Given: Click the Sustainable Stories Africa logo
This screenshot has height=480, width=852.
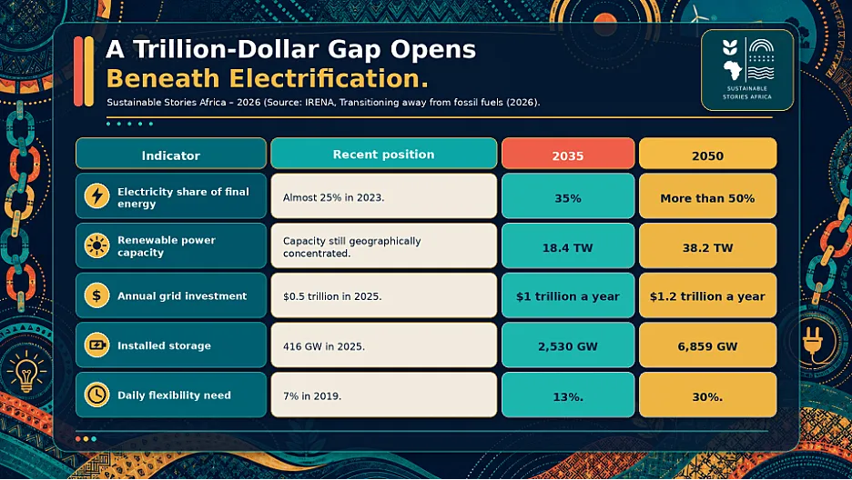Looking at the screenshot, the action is tap(747, 70).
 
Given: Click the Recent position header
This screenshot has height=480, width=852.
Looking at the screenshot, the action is tap(383, 154).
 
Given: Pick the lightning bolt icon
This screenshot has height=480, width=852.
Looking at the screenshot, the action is tap(96, 195).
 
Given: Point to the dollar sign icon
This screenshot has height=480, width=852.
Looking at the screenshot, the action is tap(96, 295).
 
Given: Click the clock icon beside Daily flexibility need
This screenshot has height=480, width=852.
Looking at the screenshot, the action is tap(96, 395).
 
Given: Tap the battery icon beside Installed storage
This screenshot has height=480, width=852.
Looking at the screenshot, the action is tap(96, 345).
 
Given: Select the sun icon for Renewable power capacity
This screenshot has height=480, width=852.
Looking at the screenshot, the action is tap(96, 245).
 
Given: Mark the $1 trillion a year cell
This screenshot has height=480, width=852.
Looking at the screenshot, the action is tap(568, 295).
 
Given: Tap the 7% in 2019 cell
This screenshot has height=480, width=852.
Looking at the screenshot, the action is tap(383, 395).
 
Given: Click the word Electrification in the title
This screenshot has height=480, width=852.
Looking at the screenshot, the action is tap(329, 78).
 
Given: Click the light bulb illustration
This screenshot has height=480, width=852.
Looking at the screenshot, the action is tap(26, 372).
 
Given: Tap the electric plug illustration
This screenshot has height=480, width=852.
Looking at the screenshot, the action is tap(814, 336).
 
